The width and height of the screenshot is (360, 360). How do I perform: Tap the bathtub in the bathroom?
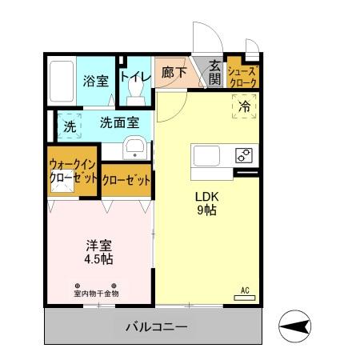coord(61,81)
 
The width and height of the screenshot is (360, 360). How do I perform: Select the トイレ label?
coord(135,77)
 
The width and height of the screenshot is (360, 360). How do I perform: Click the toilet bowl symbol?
coord(135,95)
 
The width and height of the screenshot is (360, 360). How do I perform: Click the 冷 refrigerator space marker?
coord(245,104)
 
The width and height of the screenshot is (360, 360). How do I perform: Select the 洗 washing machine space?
coord(70,126)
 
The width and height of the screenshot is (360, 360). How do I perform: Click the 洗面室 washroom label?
coord(119,123)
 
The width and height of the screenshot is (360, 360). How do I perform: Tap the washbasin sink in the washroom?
coord(135,148)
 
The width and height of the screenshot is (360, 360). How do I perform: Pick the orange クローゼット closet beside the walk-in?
coord(126,180)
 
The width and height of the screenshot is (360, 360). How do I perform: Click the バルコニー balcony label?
coord(156,327)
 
